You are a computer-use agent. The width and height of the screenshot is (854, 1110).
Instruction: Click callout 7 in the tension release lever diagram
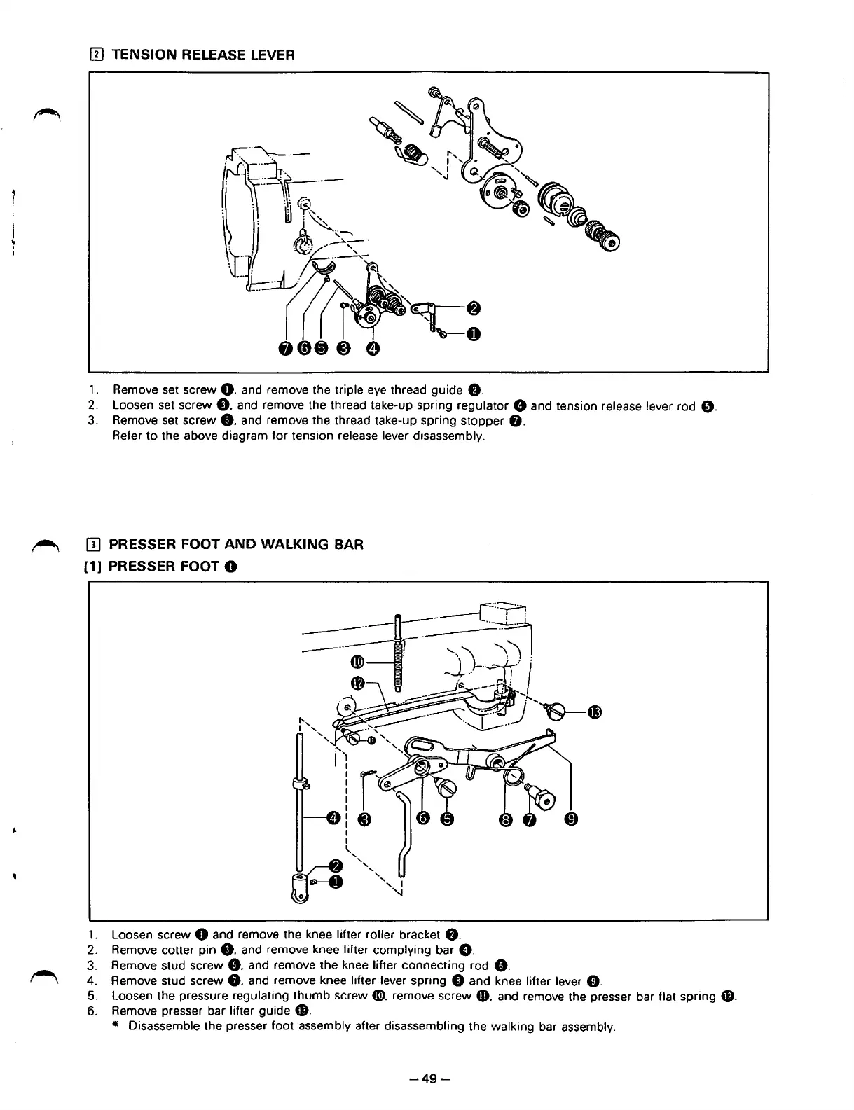(x=286, y=348)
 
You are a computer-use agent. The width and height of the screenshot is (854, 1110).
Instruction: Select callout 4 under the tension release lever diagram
(x=373, y=348)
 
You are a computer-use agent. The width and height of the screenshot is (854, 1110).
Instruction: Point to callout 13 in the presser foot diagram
(x=595, y=712)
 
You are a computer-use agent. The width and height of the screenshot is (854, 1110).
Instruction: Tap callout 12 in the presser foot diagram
(x=357, y=683)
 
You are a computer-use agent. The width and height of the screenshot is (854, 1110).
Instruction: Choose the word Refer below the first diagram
(x=127, y=436)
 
